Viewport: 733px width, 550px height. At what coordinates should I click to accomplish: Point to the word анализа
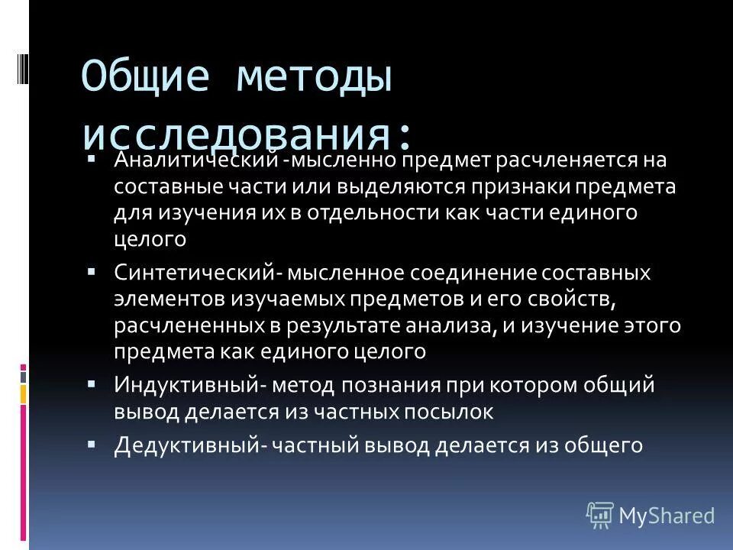(x=454, y=325)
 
